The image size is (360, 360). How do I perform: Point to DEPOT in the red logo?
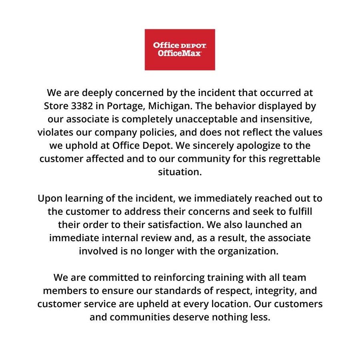tap(192, 46)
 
